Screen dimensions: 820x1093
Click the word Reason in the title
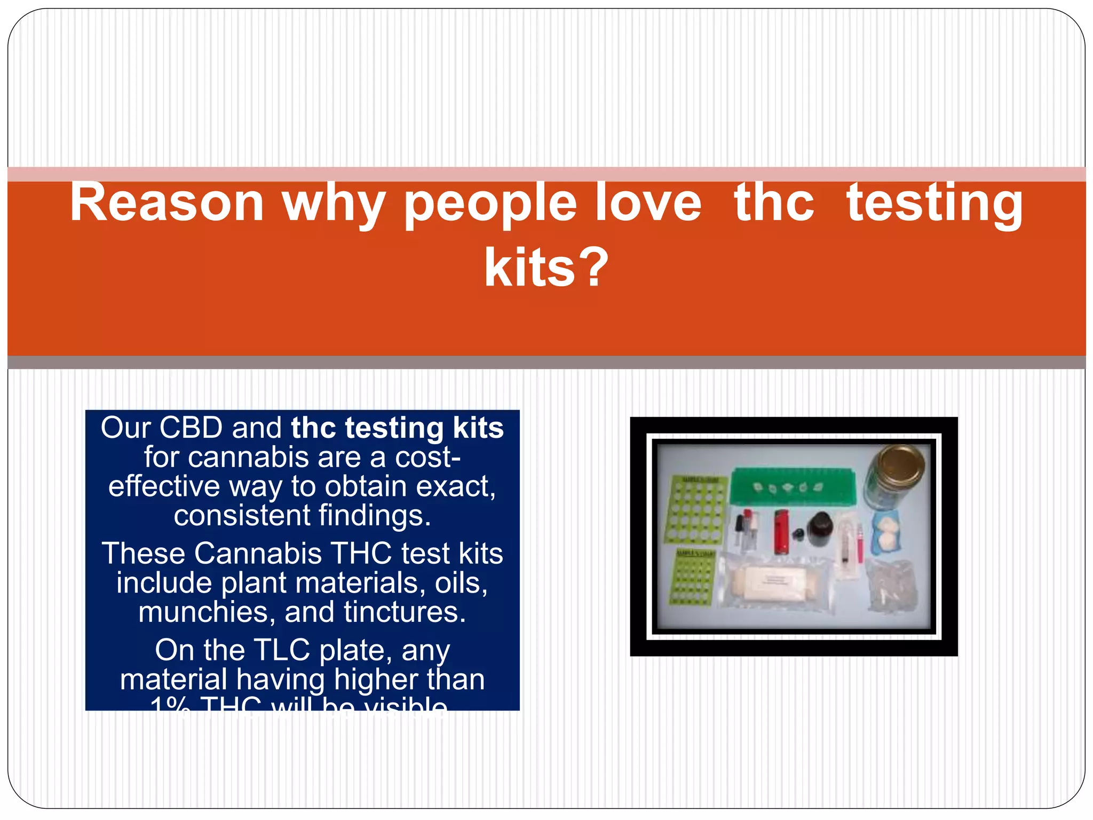tap(167, 203)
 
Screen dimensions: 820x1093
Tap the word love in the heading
tap(647, 203)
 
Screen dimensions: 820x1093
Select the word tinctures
tap(405, 612)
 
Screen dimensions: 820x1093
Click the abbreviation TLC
tap(282, 650)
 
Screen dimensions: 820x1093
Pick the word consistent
tap(242, 516)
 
